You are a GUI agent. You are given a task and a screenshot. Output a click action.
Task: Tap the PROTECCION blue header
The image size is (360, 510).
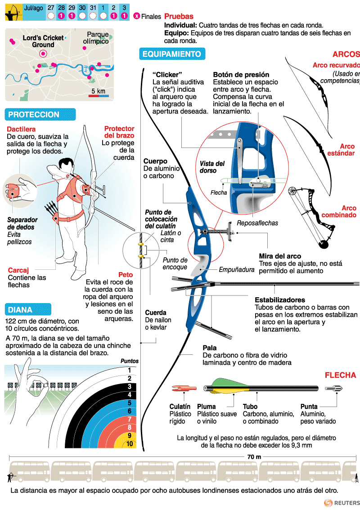(x=34, y=115)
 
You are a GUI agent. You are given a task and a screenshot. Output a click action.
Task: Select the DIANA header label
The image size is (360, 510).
(x=20, y=309)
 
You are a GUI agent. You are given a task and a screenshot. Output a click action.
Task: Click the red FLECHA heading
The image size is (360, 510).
(x=340, y=375)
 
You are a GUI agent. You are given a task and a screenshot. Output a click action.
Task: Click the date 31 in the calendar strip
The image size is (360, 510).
(x=93, y=8)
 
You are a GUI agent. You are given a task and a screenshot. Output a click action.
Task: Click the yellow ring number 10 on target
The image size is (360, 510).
(x=130, y=444)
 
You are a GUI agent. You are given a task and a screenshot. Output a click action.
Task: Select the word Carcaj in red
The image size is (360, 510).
(x=18, y=270)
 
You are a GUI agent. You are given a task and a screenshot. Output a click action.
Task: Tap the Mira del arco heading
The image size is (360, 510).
(x=280, y=256)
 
